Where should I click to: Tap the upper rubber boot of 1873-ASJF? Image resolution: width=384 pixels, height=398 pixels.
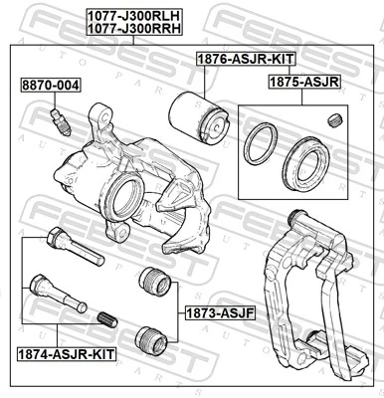pyautogui.click(x=153, y=281)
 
